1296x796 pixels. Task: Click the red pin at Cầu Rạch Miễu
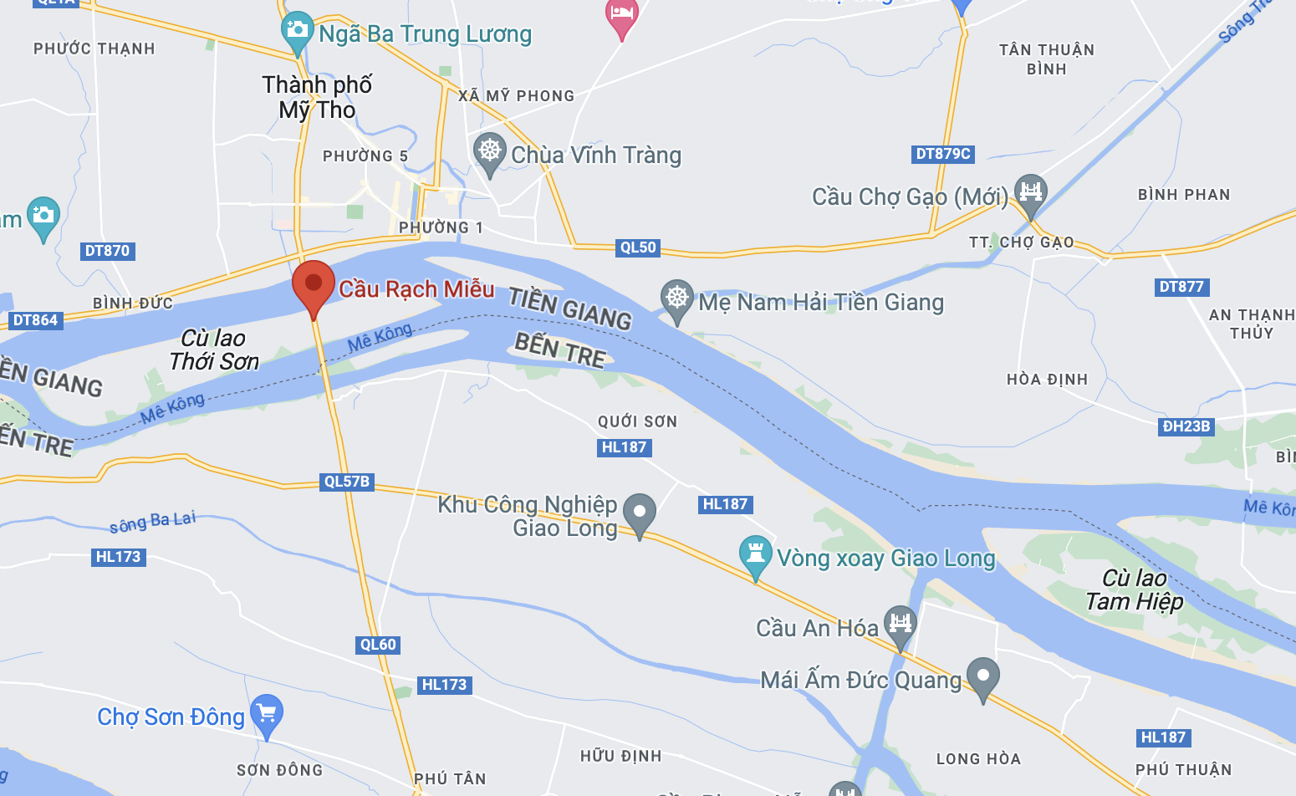tap(314, 283)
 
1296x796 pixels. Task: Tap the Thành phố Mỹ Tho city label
tap(317, 97)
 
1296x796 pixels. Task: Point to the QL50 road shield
tap(638, 247)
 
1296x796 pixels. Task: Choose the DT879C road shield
tap(943, 154)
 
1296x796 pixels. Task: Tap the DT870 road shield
tap(107, 251)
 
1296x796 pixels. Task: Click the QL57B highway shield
tap(347, 482)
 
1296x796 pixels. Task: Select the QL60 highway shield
tap(378, 645)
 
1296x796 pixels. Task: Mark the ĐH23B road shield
tap(1186, 426)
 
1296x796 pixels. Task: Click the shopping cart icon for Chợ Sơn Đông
tap(267, 713)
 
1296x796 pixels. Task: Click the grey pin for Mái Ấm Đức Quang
tap(982, 676)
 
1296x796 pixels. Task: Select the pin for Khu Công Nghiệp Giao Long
tap(640, 513)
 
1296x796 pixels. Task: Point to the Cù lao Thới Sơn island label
tap(214, 350)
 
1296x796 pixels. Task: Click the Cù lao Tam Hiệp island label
tap(1135, 590)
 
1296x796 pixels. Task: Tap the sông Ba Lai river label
tap(153, 523)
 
